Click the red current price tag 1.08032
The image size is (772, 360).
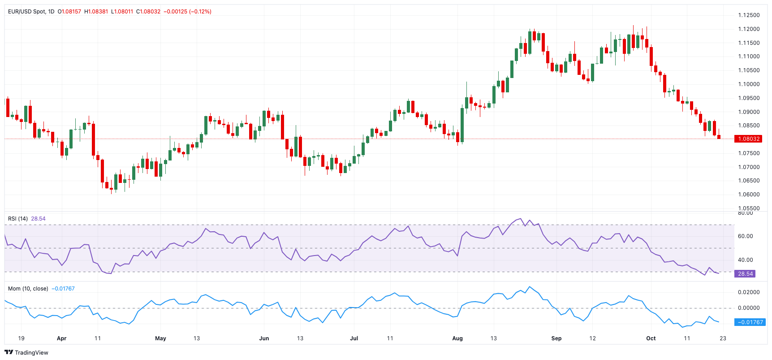point(748,139)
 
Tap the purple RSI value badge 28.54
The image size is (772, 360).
point(745,273)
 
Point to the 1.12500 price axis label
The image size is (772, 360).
point(749,15)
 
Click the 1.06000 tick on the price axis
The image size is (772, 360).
point(749,195)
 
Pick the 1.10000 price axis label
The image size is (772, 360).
point(749,84)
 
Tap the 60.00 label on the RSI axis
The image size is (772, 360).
point(745,236)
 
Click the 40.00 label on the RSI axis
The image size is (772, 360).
point(745,260)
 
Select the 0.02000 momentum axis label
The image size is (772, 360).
point(749,292)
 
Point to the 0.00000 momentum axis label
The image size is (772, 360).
point(749,308)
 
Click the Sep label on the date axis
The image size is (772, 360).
point(556,338)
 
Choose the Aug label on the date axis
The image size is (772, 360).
point(457,338)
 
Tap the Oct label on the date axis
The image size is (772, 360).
point(651,338)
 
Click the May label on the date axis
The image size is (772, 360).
point(160,338)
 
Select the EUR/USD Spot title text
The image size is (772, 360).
point(26,12)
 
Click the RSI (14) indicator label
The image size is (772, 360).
point(18,219)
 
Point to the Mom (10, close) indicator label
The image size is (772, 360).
point(28,289)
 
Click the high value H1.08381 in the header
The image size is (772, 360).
point(96,12)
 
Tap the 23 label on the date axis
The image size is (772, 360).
point(723,338)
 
